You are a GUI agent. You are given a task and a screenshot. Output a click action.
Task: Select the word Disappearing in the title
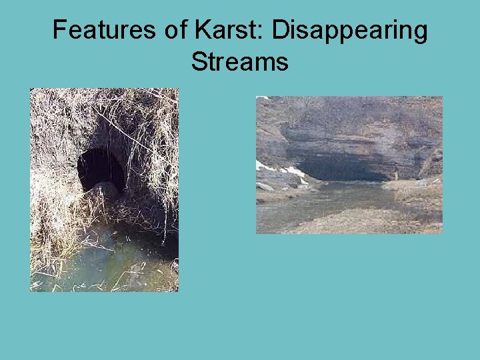tap(349, 31)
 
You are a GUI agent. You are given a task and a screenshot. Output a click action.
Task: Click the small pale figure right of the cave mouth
tap(396, 175)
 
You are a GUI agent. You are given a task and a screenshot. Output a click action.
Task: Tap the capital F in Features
tap(59, 30)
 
